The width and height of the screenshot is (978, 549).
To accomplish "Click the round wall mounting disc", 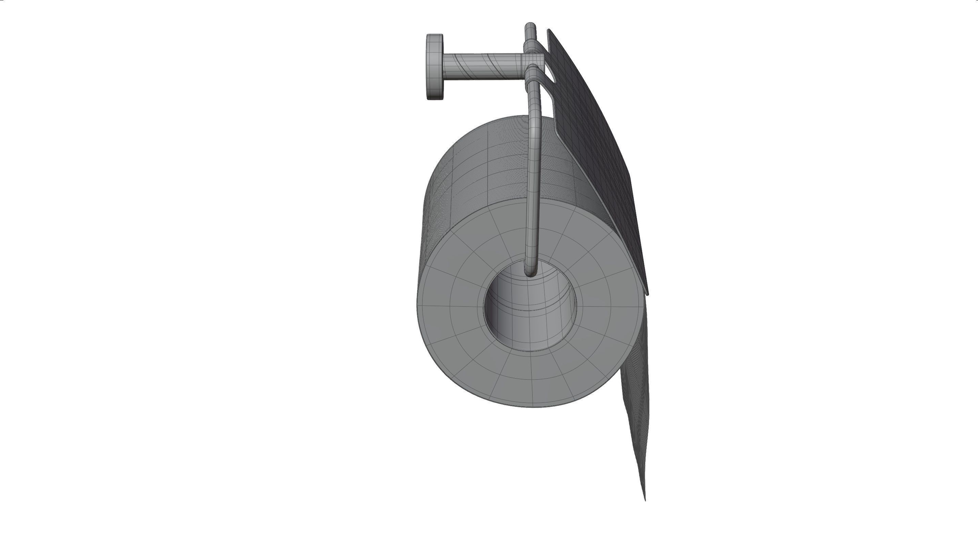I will pos(435,67).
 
